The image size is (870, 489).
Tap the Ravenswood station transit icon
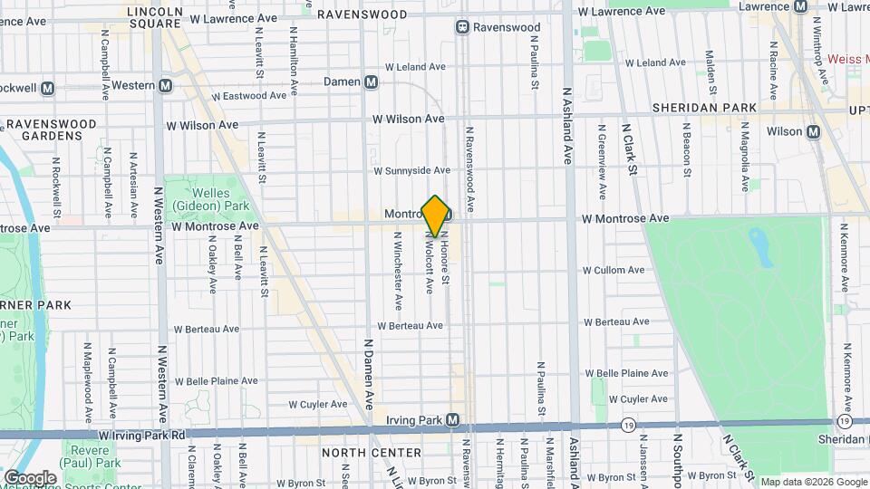tap(462, 27)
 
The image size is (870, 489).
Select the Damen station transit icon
tap(372, 81)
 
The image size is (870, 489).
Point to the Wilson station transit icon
tap(813, 131)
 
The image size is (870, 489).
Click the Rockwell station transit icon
tap(47, 88)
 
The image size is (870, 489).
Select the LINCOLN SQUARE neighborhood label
tap(155, 19)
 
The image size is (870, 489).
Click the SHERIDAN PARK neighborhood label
tap(704, 108)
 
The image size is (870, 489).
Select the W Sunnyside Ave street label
tap(411, 170)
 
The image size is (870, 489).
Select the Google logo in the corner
tap(30, 477)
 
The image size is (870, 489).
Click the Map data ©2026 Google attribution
tap(811, 482)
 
